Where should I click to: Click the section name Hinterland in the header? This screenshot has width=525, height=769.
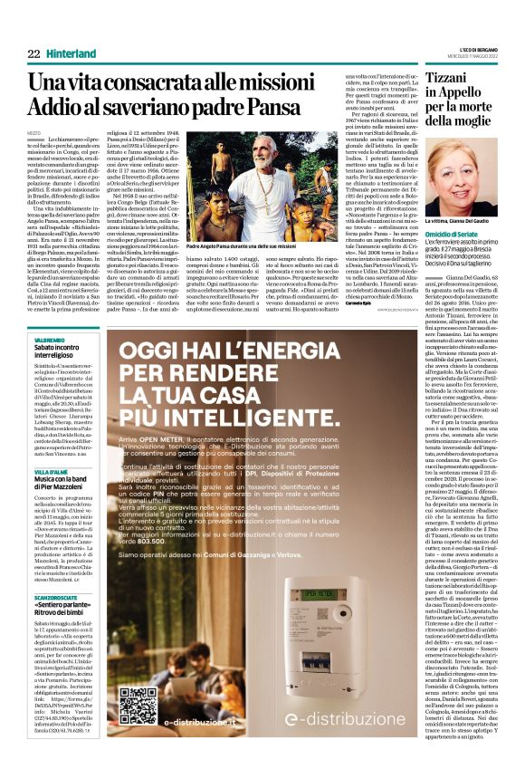pos(73,54)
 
